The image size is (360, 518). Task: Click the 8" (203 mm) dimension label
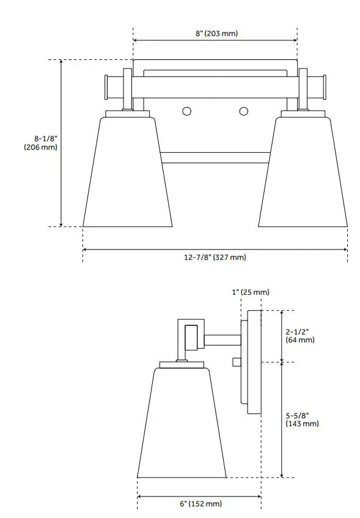coord(216,34)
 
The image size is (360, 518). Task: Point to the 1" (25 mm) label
coord(251,292)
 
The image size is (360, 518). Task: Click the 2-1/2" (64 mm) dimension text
coord(300,336)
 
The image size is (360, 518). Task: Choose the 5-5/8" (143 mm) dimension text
coord(302,419)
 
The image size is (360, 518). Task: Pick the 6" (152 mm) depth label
coord(200,503)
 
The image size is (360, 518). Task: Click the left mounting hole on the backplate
coord(186,111)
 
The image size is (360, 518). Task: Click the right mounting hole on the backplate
coord(244,111)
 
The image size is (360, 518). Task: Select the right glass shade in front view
coord(304,174)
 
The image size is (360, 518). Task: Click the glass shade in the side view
coord(182,425)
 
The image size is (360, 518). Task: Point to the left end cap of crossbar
coord(107,87)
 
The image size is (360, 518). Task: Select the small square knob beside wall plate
coord(237,362)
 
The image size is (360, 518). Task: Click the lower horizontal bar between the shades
coord(215,158)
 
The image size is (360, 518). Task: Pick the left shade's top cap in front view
coord(127,114)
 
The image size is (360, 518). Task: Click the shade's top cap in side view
coord(182,364)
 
